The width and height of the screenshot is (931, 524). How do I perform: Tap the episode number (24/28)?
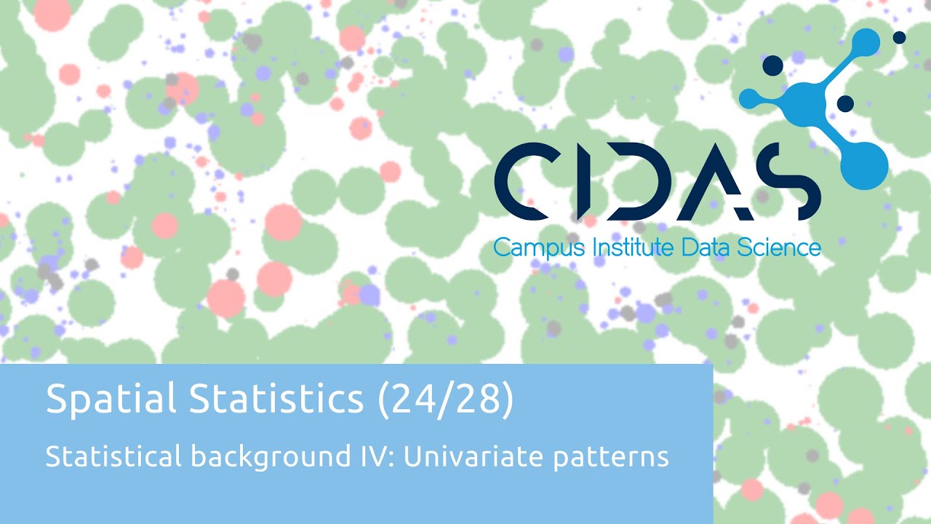click(445, 400)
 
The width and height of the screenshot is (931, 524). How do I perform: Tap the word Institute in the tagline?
click(634, 247)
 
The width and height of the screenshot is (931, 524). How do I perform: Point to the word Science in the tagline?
click(781, 247)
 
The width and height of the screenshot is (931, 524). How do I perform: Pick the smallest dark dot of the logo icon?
click(899, 37)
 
